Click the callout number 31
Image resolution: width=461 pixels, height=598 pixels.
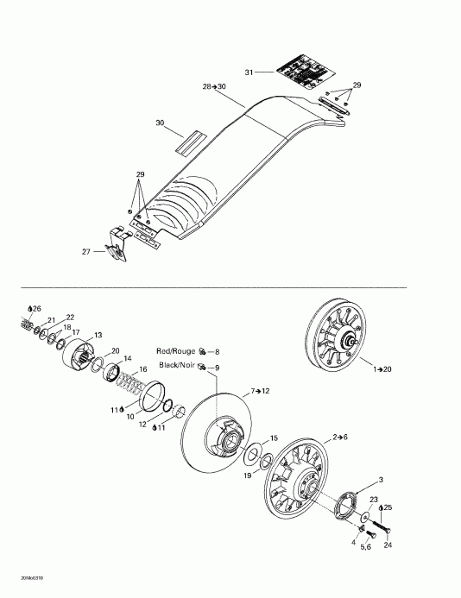249,72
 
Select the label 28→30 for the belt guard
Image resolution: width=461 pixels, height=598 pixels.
213,87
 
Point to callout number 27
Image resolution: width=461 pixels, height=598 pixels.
85,252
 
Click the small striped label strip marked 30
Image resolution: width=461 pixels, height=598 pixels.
187,142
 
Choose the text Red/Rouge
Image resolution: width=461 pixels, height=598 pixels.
176,352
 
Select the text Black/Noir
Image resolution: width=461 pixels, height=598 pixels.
176,367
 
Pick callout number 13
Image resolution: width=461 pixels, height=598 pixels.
98,335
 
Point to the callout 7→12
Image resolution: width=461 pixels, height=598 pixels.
262,392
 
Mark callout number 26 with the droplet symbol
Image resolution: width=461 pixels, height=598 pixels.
35,308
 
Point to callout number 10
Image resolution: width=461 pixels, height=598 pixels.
130,416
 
